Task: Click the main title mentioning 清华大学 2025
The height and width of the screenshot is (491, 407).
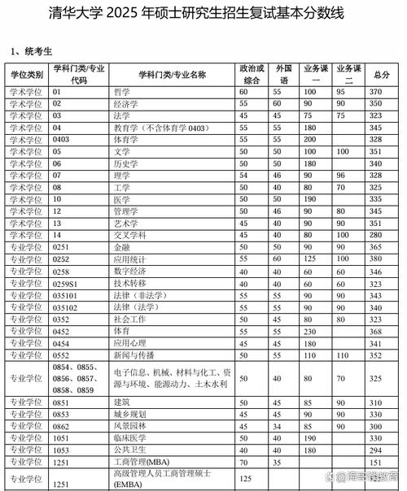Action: (203, 14)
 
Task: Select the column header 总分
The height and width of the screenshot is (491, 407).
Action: (375, 75)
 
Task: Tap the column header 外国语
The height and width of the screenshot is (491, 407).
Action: (278, 75)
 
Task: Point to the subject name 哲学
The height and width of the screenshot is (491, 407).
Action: (122, 93)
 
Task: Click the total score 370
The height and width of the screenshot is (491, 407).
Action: (375, 93)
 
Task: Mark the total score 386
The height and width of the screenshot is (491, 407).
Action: (375, 271)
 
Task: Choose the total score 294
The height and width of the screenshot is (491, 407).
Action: (375, 450)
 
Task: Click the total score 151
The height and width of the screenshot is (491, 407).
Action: (375, 462)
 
